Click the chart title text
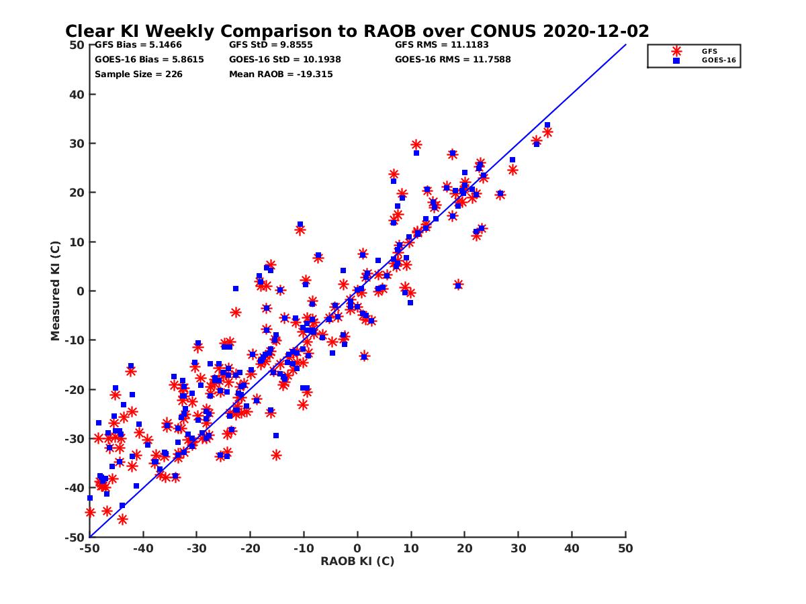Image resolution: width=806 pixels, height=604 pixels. (357, 31)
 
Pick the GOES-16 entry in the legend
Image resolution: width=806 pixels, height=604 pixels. (713, 60)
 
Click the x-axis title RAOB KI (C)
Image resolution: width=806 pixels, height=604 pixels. (357, 561)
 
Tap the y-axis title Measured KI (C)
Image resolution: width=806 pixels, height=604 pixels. (56, 291)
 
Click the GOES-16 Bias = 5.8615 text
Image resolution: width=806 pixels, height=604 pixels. (149, 59)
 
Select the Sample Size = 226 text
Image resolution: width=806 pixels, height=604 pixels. (138, 74)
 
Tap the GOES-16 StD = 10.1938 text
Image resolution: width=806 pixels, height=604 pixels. (285, 59)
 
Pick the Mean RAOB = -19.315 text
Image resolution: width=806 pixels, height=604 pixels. (281, 74)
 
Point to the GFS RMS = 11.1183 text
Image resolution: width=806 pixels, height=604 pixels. (441, 45)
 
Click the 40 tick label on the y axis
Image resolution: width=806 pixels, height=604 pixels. (76, 95)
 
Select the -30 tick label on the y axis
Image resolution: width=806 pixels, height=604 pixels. (74, 439)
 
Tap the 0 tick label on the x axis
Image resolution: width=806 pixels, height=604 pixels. (357, 548)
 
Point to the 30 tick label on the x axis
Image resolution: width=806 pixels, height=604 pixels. (519, 548)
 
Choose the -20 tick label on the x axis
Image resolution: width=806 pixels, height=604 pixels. (250, 548)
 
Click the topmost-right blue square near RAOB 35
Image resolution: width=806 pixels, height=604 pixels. (547, 125)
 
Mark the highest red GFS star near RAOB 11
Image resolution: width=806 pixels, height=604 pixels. (416, 144)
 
